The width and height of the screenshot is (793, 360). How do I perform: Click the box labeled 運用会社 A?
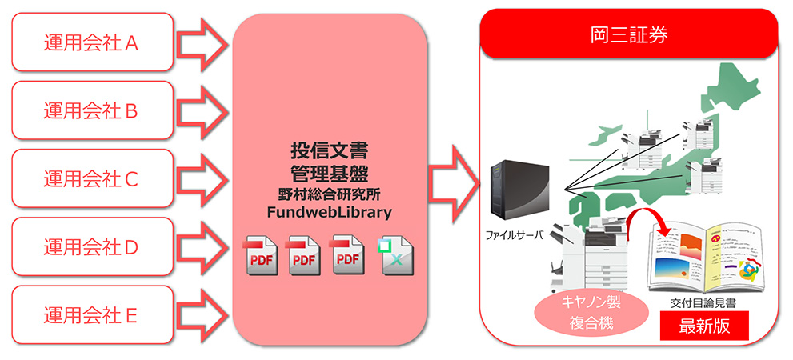tap(92, 42)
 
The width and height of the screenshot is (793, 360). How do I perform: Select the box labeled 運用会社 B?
tap(92, 110)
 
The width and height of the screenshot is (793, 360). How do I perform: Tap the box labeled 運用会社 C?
tap(92, 178)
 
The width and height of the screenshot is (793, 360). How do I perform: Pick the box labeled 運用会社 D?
tap(92, 247)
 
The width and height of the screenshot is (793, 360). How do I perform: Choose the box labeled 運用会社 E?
tap(92, 315)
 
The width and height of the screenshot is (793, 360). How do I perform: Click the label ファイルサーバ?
tap(515, 236)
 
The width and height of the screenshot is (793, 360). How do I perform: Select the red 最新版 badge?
tap(703, 326)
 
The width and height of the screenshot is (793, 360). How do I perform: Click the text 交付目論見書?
tap(703, 304)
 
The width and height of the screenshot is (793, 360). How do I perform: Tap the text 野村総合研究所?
tap(329, 193)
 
